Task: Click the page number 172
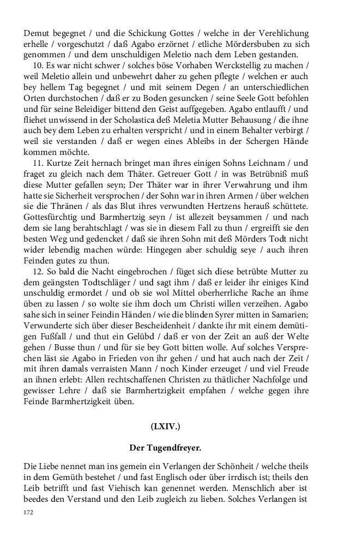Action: pyautogui.click(x=28, y=512)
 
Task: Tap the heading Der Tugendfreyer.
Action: pyautogui.click(x=165, y=448)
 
